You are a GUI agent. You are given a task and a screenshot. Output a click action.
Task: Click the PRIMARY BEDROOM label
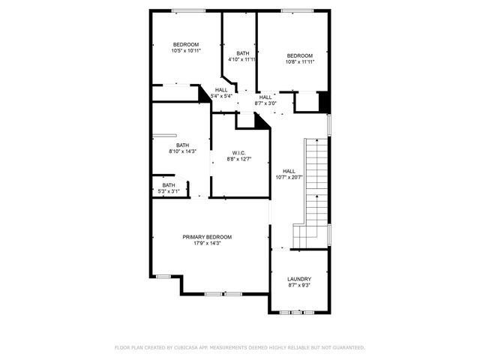point(207,237)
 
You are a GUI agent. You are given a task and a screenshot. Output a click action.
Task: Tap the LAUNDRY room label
point(298,279)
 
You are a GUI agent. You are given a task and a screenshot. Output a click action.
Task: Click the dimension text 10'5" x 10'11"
point(185,51)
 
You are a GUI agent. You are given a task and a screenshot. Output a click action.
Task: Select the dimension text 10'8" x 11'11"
point(300,63)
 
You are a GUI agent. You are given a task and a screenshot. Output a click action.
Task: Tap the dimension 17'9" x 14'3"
point(207,244)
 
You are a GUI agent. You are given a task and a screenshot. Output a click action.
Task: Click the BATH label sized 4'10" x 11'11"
point(243,53)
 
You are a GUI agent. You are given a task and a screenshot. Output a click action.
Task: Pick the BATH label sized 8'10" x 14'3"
point(183,145)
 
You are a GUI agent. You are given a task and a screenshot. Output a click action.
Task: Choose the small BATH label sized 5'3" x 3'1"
point(169,185)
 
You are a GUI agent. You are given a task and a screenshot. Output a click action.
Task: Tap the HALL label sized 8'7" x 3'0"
point(265,97)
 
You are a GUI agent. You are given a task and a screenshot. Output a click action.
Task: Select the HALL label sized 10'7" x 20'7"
point(289,171)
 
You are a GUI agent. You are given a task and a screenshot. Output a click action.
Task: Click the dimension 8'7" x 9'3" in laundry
point(298,286)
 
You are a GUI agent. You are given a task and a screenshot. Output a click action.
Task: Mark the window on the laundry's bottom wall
point(298,311)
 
